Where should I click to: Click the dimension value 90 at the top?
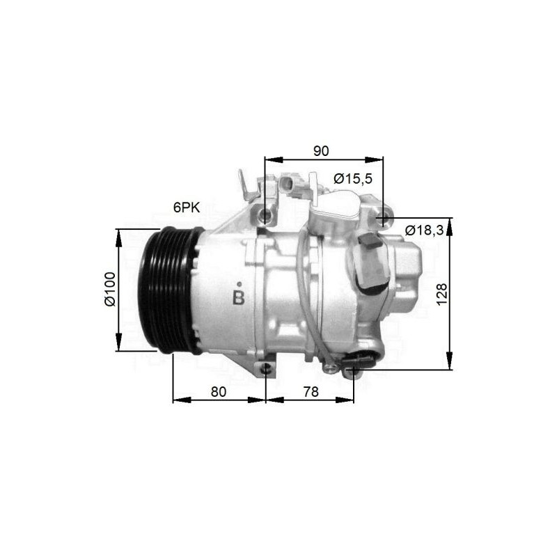point(321,151)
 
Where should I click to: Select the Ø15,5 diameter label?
point(353,179)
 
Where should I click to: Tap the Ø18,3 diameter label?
point(424,230)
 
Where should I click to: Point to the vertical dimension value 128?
point(441,294)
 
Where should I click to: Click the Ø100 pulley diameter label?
point(110,289)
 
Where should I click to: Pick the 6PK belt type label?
point(187,207)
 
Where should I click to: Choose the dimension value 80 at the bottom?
point(219,392)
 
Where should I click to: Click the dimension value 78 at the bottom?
point(311,392)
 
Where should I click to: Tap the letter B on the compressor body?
point(239,298)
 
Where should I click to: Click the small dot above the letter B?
point(240,284)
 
